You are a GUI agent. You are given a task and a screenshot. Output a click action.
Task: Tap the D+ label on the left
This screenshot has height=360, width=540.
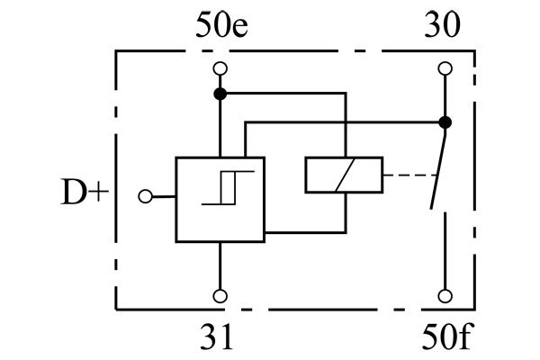[85, 194]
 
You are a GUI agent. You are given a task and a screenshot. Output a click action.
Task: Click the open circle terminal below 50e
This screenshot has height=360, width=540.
[219, 68]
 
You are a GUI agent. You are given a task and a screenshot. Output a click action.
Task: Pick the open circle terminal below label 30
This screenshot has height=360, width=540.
[444, 68]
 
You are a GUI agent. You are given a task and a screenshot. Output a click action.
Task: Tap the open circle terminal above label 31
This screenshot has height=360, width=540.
[219, 295]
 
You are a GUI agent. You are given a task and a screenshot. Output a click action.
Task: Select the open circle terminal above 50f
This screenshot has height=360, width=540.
[444, 295]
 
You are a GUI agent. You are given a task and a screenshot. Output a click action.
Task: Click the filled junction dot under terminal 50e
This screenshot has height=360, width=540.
[219, 93]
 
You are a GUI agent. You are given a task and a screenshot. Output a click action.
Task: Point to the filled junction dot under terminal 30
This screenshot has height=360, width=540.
[444, 121]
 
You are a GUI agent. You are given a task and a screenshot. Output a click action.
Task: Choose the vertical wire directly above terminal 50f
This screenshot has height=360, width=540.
[444, 252]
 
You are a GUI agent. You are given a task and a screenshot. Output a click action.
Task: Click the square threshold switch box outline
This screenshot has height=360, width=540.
[176, 216]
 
